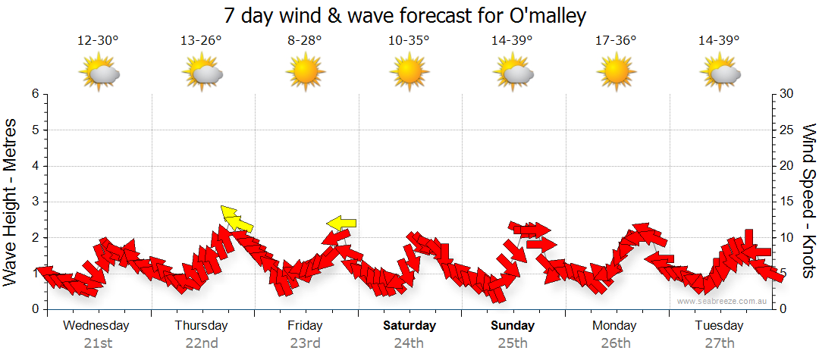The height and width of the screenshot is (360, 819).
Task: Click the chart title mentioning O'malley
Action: (405, 16)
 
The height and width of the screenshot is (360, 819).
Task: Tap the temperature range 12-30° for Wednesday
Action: (98, 40)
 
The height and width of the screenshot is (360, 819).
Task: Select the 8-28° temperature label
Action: (305, 40)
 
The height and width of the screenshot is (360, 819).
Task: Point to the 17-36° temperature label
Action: (616, 40)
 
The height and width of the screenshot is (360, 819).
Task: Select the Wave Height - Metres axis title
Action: (11, 202)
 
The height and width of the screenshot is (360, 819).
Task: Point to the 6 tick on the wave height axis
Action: (34, 94)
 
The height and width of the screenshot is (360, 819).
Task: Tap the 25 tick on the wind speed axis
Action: (787, 130)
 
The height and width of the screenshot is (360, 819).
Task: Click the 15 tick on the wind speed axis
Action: (787, 202)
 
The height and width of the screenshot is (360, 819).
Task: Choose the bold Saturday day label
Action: (409, 326)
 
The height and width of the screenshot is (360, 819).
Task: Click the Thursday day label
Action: (201, 326)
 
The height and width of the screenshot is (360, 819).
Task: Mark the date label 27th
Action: (720, 343)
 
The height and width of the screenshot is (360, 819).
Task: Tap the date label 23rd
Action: (305, 343)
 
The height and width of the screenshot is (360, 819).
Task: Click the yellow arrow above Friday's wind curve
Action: (341, 223)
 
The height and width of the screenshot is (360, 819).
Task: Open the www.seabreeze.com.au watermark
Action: (723, 302)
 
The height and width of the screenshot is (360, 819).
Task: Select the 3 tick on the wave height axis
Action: (34, 202)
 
